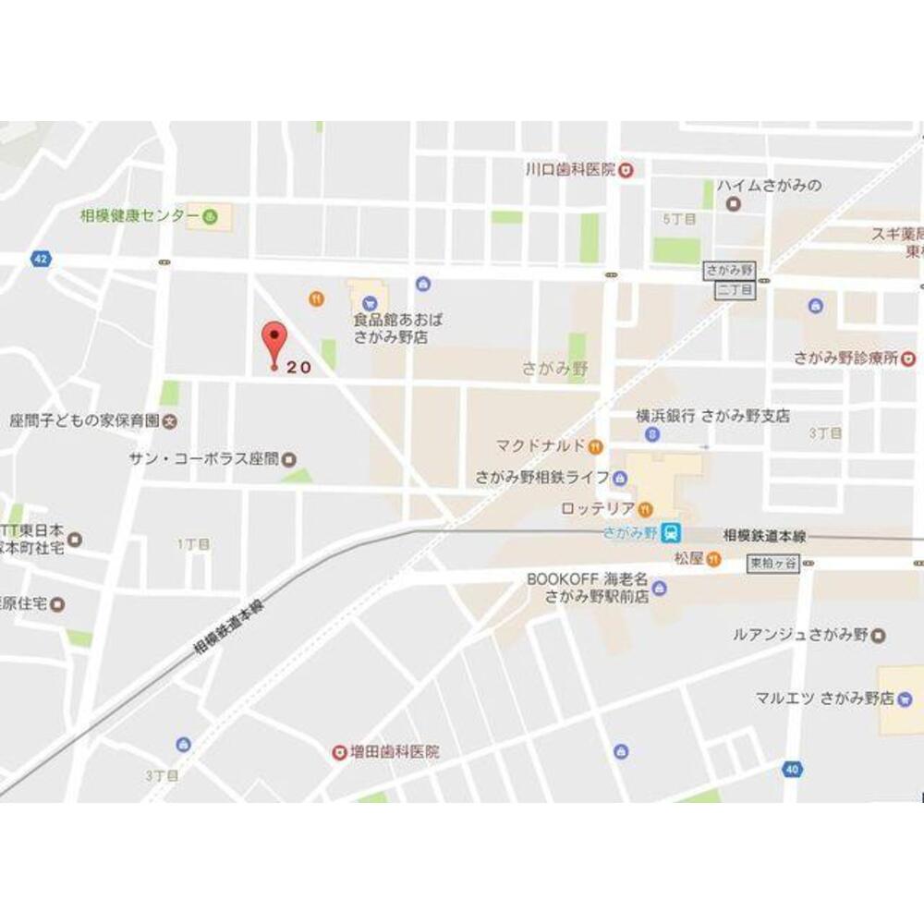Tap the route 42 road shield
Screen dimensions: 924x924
pyautogui.click(x=39, y=258)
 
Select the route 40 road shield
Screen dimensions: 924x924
pyautogui.click(x=792, y=769)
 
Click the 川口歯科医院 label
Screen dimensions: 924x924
pyautogui.click(x=569, y=169)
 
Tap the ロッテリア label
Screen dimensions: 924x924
pyautogui.click(x=597, y=508)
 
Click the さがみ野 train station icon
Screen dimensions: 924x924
pyautogui.click(x=674, y=532)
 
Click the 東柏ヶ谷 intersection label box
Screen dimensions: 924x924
pyautogui.click(x=772, y=562)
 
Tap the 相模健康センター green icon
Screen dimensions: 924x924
pyautogui.click(x=211, y=217)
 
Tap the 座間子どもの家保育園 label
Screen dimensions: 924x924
pyautogui.click(x=84, y=420)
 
